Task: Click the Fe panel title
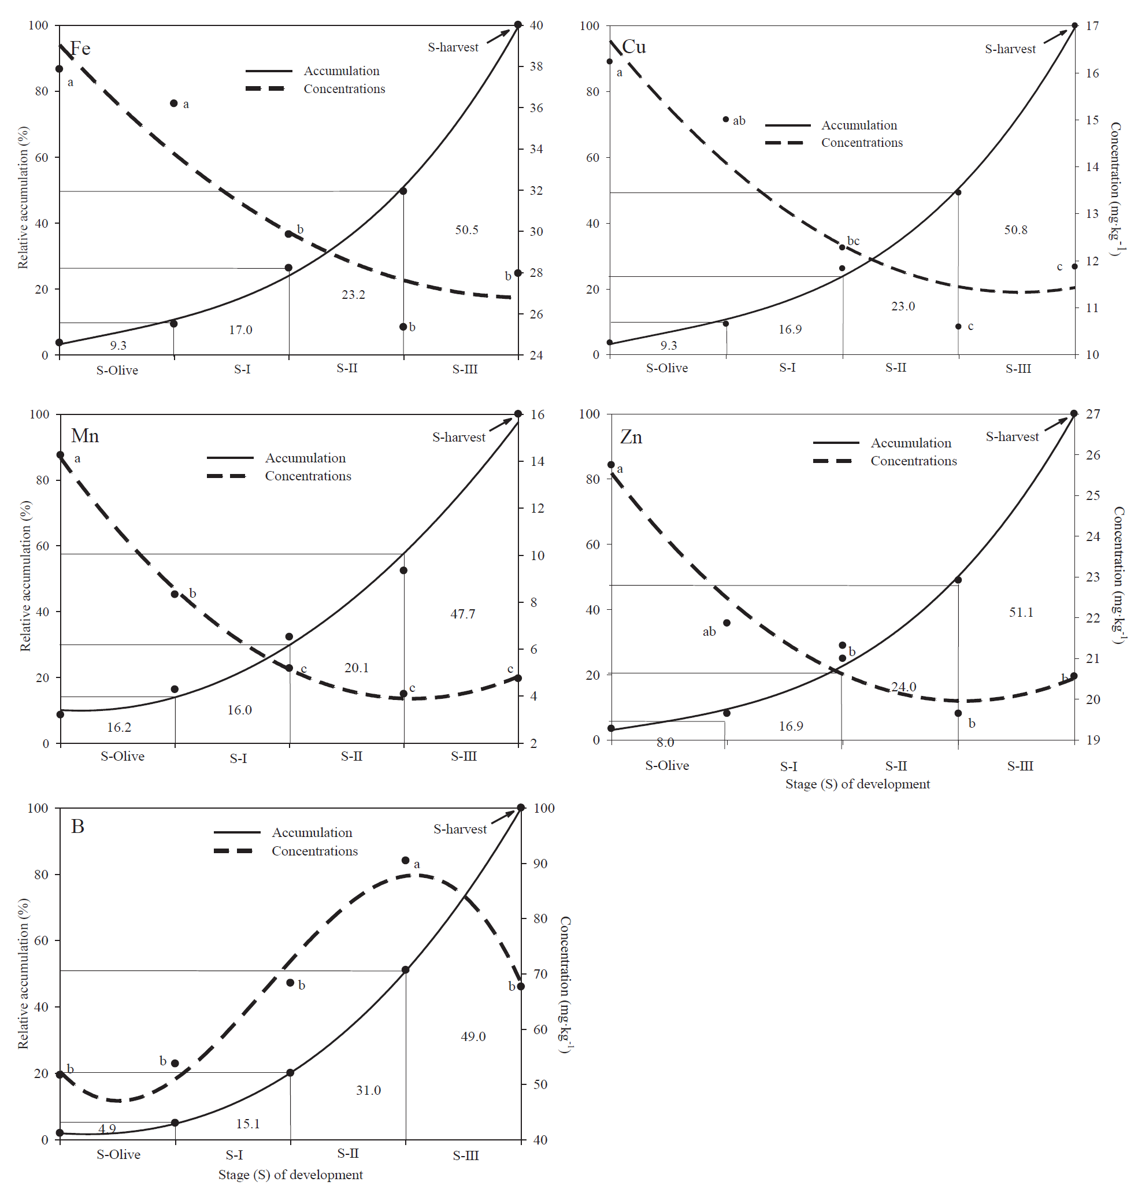click(x=80, y=49)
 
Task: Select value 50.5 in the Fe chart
click(x=466, y=230)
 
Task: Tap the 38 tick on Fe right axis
click(x=536, y=66)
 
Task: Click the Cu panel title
click(x=634, y=47)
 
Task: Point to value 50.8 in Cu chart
click(x=1015, y=230)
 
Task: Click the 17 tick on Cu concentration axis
click(x=1092, y=26)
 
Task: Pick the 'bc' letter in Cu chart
click(x=853, y=242)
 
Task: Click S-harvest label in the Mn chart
click(x=458, y=438)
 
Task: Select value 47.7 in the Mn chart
click(x=462, y=614)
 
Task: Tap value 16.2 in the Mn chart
click(x=119, y=727)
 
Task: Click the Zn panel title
click(x=631, y=437)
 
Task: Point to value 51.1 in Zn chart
click(x=1021, y=613)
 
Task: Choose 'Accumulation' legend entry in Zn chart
click(x=910, y=443)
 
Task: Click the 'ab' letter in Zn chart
click(x=709, y=632)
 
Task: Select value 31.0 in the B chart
click(x=368, y=1090)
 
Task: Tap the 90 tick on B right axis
click(x=540, y=864)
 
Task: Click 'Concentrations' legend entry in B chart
click(x=314, y=851)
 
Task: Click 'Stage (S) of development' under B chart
click(x=290, y=1175)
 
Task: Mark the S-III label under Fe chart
click(x=465, y=369)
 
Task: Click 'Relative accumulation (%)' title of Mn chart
click(x=25, y=576)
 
